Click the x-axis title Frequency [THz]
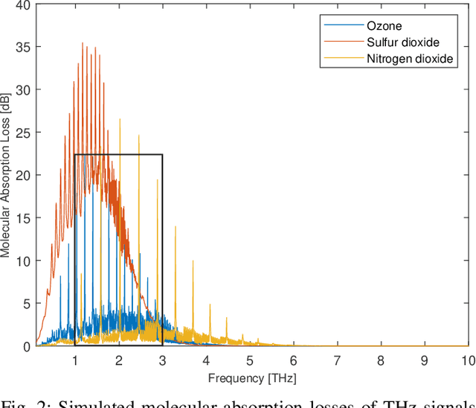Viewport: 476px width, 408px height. tap(252, 378)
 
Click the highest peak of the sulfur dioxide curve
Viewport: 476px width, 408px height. tap(83, 44)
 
